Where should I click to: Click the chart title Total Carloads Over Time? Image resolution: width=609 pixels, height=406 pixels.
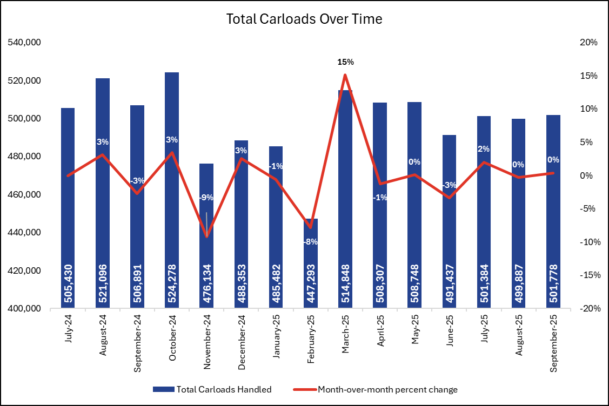[x=304, y=19]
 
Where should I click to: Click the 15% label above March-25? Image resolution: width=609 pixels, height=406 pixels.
[x=345, y=62]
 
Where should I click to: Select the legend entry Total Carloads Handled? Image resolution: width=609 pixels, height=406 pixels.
[x=212, y=389]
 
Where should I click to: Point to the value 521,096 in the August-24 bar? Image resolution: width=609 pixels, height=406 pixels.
[x=103, y=281]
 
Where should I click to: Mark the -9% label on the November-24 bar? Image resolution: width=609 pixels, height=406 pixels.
[x=206, y=198]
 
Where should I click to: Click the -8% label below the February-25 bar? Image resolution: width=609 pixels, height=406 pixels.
[x=310, y=241]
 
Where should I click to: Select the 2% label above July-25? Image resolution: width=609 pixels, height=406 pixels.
[x=484, y=149]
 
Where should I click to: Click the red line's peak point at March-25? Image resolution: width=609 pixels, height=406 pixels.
[x=345, y=75]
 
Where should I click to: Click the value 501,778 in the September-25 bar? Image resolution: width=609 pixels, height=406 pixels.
[x=553, y=281]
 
